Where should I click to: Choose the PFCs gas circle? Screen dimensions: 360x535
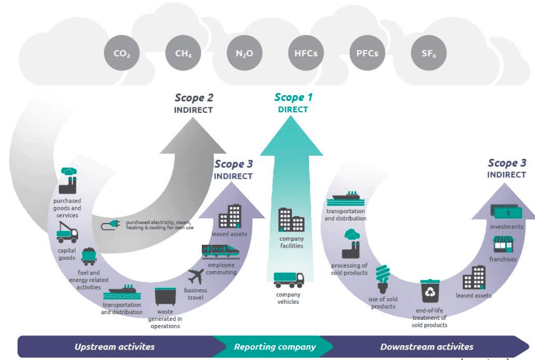(x=367, y=54)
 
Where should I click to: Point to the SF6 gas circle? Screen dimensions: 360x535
(x=429, y=54)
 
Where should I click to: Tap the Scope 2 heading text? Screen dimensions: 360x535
(x=194, y=98)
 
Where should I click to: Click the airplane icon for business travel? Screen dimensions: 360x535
(x=196, y=277)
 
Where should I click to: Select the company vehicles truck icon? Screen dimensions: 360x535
(x=288, y=280)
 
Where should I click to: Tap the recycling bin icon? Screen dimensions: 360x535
(x=429, y=291)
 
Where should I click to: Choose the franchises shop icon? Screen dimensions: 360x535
(x=503, y=245)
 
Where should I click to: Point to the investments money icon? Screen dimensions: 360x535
(x=506, y=212)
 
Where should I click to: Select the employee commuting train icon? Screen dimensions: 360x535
(x=221, y=251)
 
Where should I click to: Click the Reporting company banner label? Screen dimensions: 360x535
(x=275, y=347)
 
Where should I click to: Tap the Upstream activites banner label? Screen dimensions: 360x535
(x=115, y=347)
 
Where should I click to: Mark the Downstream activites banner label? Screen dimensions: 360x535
(x=427, y=347)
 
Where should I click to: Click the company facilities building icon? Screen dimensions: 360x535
(x=291, y=220)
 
